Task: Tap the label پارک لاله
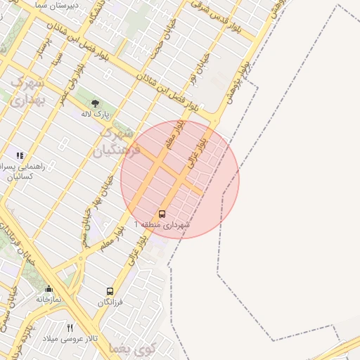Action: pyautogui.click(x=96, y=114)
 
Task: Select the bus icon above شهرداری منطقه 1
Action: pyautogui.click(x=162, y=214)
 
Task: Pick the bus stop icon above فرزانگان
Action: pyautogui.click(x=110, y=291)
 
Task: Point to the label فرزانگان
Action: pyautogui.click(x=110, y=302)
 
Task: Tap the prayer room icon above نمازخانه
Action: pyautogui.click(x=49, y=289)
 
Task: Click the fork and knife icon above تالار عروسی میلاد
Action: pyautogui.click(x=70, y=328)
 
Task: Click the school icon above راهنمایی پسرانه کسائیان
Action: pyautogui.click(x=20, y=155)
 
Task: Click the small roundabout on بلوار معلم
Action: pyautogui.click(x=82, y=259)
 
